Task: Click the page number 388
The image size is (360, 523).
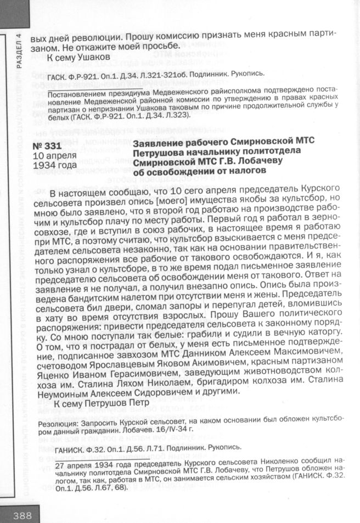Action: click(19, 515)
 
